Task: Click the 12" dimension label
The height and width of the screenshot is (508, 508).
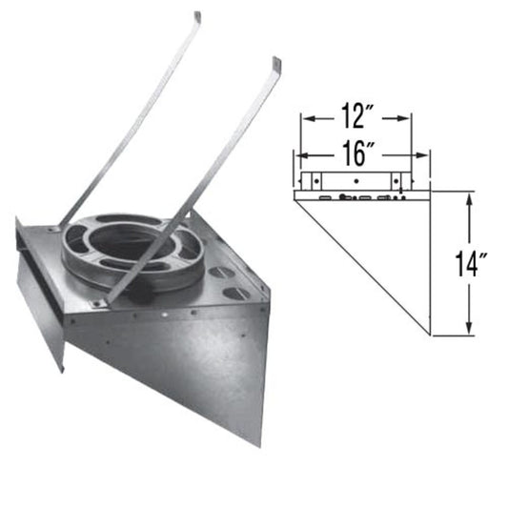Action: click(356, 119)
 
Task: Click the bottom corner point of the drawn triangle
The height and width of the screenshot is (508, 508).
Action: click(431, 335)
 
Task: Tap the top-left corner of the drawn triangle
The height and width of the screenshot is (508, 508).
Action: click(295, 194)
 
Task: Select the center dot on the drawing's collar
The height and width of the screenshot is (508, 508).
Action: click(355, 180)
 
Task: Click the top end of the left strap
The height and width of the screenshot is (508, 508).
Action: click(197, 15)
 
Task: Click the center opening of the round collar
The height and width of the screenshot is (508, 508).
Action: click(133, 248)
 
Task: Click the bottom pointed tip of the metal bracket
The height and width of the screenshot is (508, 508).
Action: click(258, 442)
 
